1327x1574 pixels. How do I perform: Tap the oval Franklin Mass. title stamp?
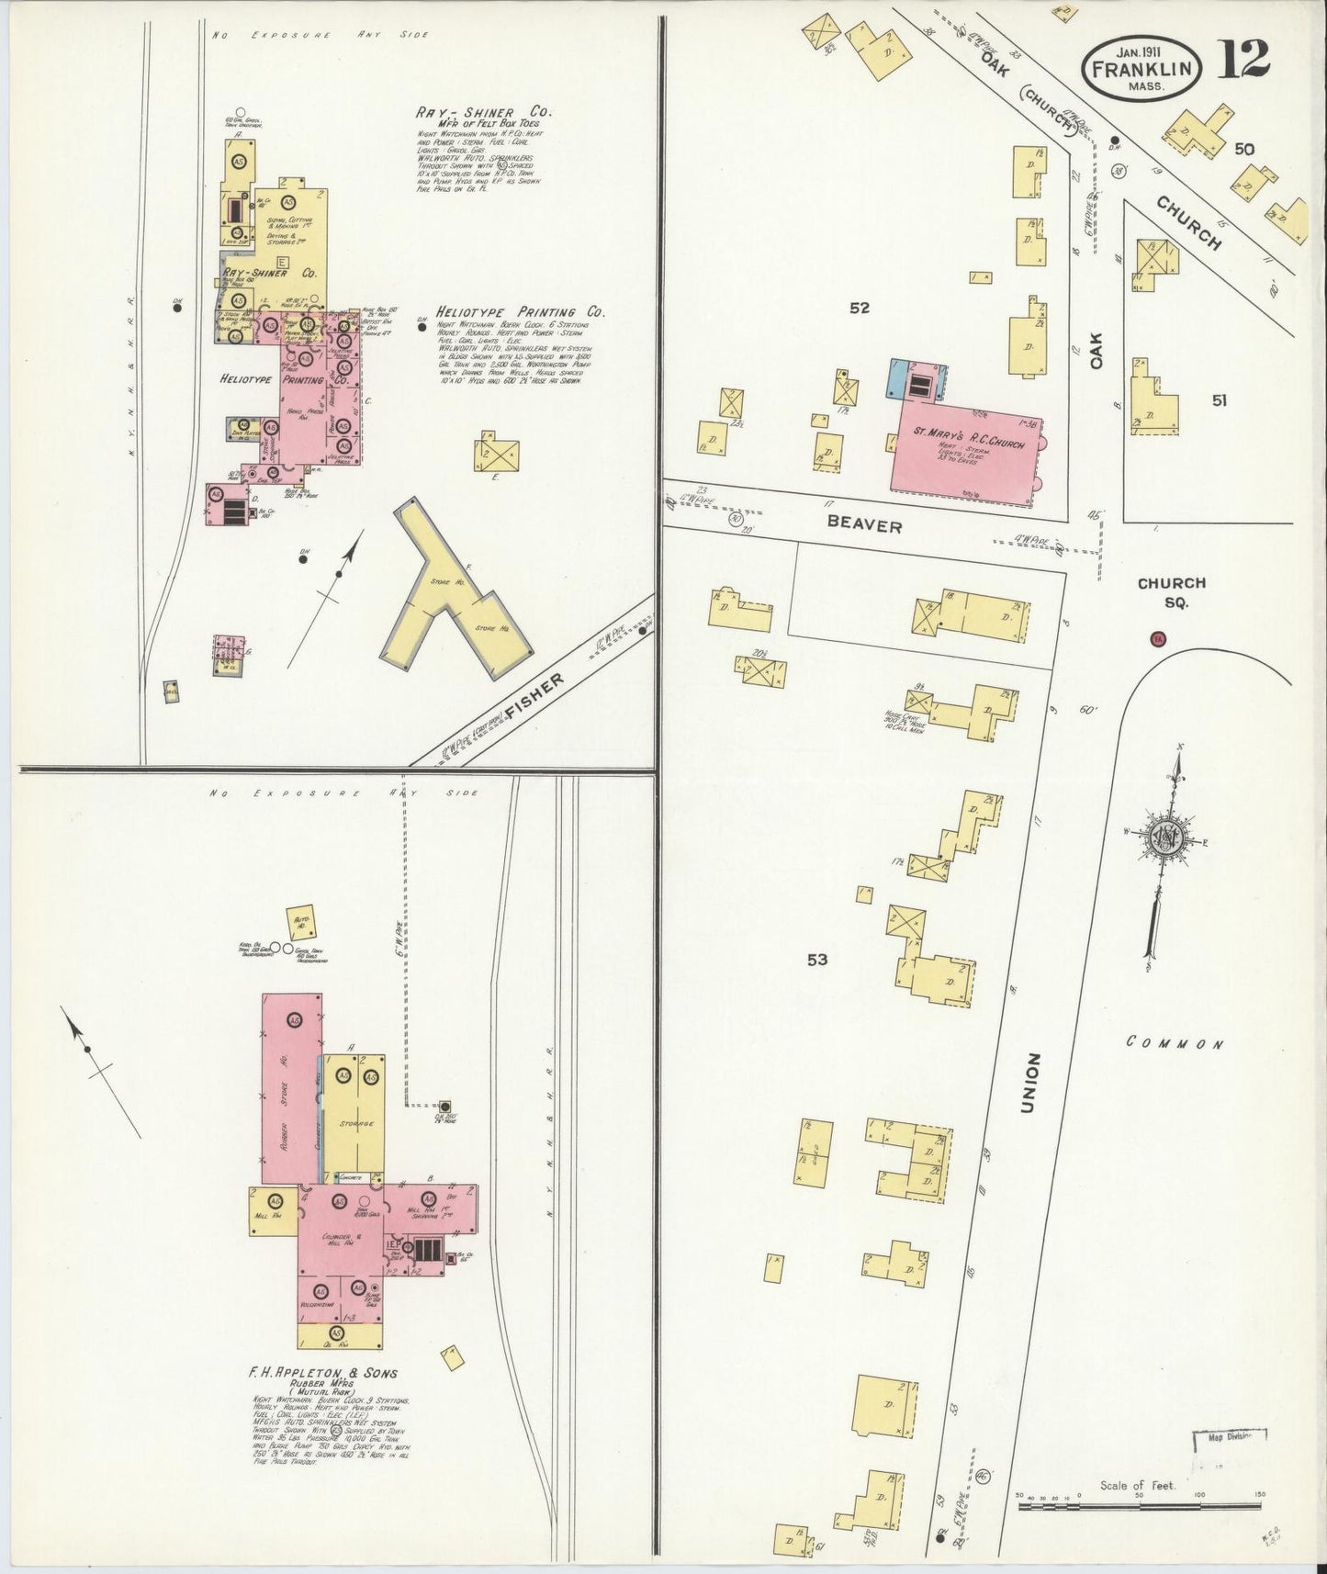click(1142, 68)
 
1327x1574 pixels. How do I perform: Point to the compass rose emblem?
click(1165, 838)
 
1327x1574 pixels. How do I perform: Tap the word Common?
click(1175, 1043)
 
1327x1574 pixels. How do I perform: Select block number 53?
click(816, 960)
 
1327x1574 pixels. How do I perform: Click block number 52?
click(859, 309)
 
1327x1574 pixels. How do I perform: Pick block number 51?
click(1219, 399)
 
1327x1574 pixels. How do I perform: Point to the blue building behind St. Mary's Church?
click(900, 379)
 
